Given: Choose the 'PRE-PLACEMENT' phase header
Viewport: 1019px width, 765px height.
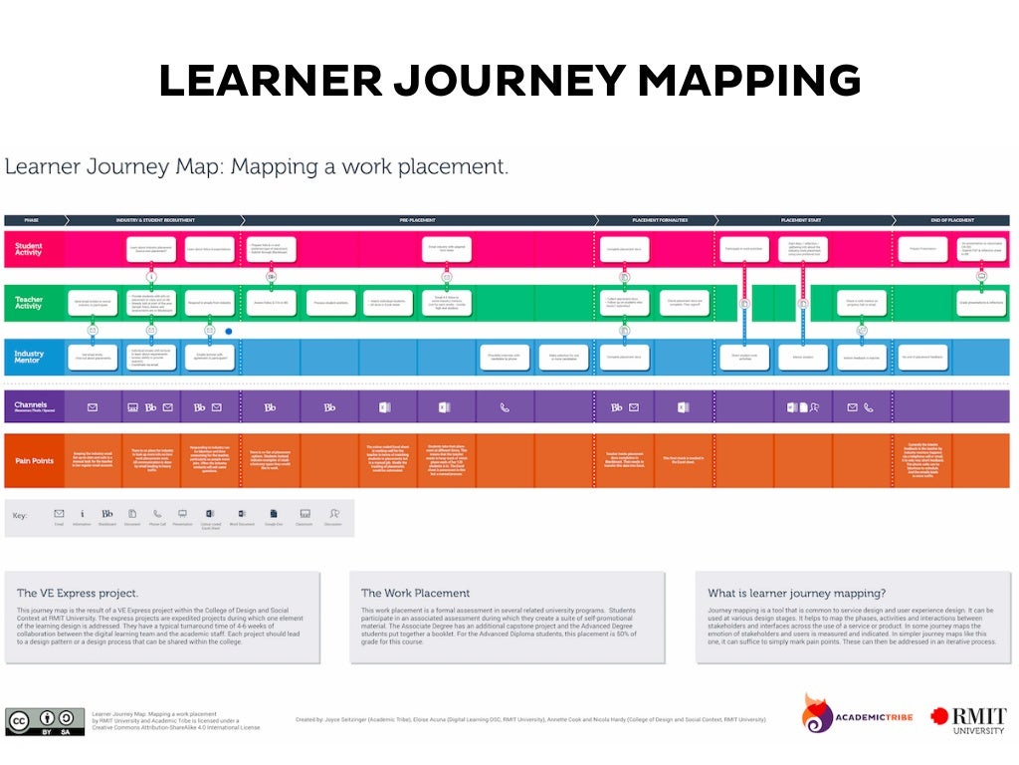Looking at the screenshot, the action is point(418,219).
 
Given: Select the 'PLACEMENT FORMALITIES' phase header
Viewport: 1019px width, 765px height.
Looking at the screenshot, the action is point(653,219).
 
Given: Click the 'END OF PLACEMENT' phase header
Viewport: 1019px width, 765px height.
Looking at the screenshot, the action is point(951,219).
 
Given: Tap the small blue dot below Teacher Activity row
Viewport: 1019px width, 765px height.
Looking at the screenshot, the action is point(229,331).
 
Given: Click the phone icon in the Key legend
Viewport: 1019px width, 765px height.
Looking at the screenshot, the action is point(157,514).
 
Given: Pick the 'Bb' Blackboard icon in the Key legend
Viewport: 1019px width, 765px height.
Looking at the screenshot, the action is point(107,514).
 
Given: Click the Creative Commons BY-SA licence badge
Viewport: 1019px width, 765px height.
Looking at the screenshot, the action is point(45,722).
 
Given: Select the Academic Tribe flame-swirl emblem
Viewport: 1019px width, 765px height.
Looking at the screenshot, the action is point(818,713).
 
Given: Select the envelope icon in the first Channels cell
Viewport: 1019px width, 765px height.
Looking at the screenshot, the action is point(93,406).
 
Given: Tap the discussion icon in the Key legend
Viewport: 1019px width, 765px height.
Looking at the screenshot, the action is point(334,514).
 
